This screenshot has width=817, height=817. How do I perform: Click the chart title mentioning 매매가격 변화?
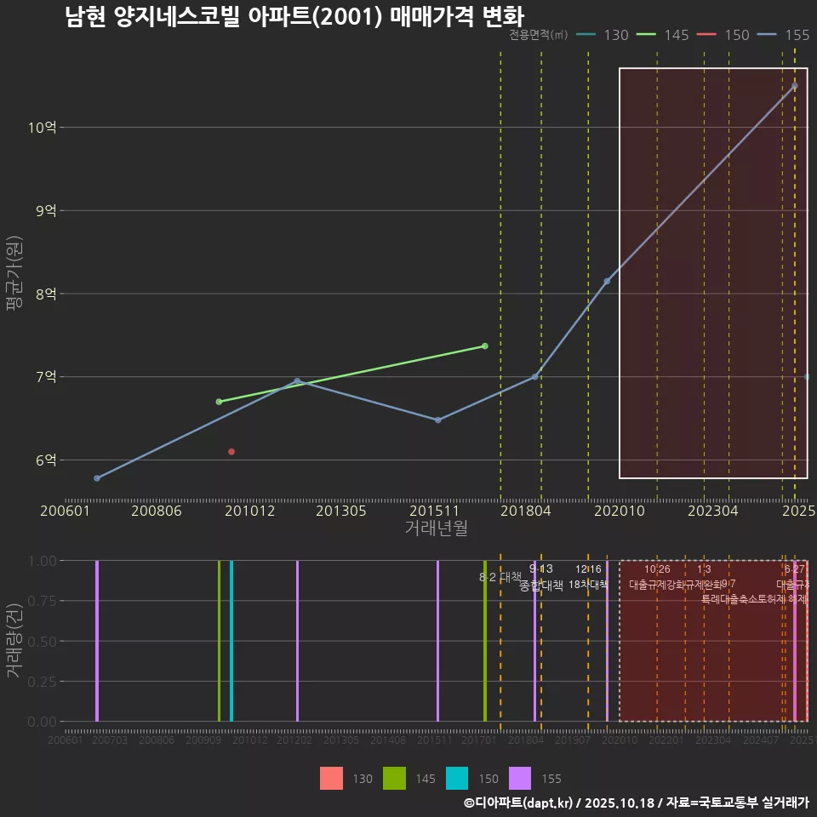point(294,17)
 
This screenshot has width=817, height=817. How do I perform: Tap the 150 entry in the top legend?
point(723,35)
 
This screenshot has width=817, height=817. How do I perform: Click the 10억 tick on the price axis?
point(42,128)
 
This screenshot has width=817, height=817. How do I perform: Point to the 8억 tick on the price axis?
point(45,294)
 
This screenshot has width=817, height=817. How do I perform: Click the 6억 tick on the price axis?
point(45,460)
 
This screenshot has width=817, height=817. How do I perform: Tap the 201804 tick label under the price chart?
point(526,511)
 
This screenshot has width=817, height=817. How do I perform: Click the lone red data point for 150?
point(231,452)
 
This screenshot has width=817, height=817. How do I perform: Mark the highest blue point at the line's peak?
point(795,86)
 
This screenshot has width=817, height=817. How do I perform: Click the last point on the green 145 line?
point(484,346)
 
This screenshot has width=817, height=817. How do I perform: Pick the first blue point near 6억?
point(97,478)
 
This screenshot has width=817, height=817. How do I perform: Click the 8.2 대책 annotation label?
point(500,577)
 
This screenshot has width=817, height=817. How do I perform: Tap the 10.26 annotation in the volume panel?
point(657,569)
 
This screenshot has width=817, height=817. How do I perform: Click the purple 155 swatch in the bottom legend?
point(520,779)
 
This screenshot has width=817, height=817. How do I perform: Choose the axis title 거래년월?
point(436,528)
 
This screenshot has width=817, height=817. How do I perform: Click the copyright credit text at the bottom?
point(636,803)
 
